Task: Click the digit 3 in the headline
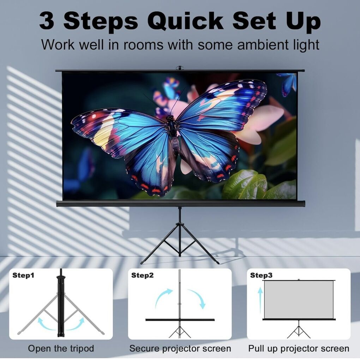click(x=47, y=21)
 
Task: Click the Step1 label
click(x=23, y=275)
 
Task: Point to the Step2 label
click(x=142, y=275)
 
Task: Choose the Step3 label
click(x=261, y=275)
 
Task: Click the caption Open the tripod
click(x=61, y=348)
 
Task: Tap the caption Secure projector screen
click(x=180, y=348)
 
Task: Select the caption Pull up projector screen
click(x=299, y=348)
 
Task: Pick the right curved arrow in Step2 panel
click(x=197, y=298)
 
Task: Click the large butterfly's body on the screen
click(x=173, y=136)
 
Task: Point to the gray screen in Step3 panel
click(x=299, y=299)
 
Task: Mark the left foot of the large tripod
click(x=142, y=263)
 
